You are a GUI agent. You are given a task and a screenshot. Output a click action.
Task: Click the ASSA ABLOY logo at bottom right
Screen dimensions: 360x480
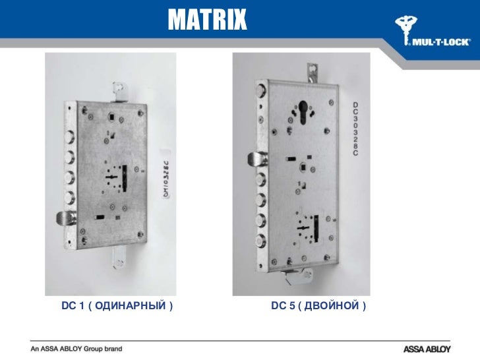click(429, 347)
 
